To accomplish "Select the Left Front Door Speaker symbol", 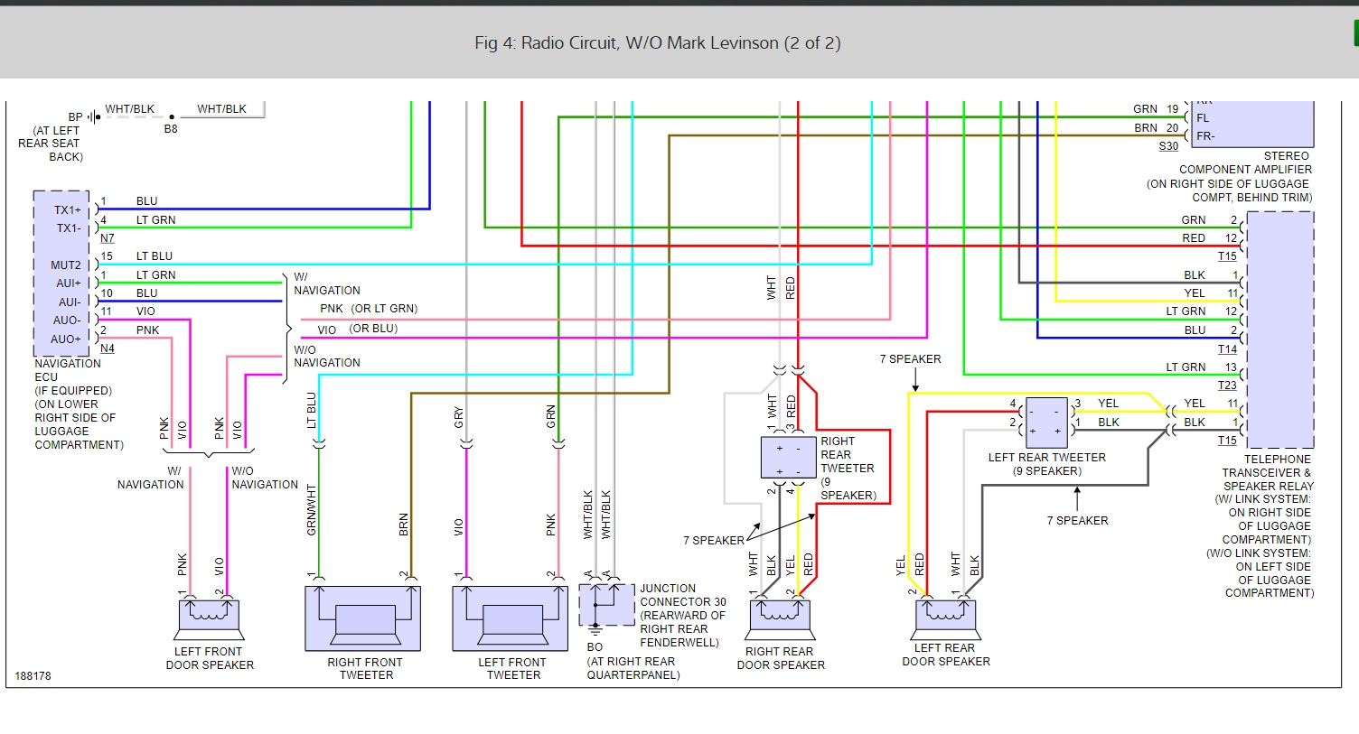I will coord(209,616).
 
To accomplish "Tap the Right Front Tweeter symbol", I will coord(363,618).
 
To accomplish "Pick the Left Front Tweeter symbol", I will coord(511,618).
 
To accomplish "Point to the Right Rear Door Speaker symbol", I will coord(780,618).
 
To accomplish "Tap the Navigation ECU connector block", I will coord(61,274).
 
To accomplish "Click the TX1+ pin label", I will coord(68,209).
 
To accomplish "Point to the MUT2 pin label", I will coord(66,265).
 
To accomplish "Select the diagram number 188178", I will coord(33,676).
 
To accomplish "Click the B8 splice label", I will coord(171,129).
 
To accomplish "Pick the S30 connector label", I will coord(1168,146).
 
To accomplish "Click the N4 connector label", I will coord(108,348).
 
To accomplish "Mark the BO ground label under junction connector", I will coord(595,647).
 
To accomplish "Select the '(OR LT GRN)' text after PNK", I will coord(384,309).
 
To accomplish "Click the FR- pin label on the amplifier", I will coord(1205,136).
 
